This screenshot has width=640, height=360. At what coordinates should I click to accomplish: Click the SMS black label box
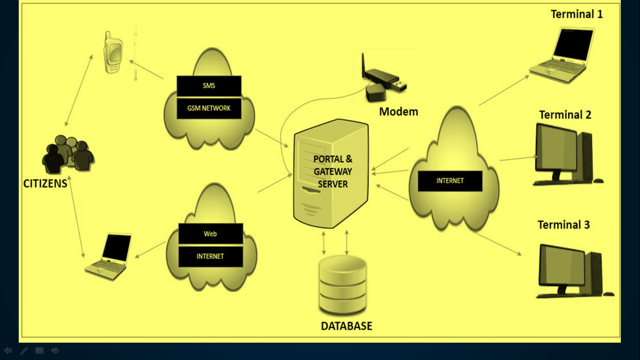click(x=209, y=86)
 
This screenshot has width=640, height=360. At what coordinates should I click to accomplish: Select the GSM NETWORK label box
click(x=209, y=108)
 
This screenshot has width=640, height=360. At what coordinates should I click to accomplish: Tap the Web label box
click(x=210, y=233)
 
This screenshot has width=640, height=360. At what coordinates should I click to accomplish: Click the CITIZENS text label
click(x=45, y=184)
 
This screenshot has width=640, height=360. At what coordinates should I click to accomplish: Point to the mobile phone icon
click(x=113, y=52)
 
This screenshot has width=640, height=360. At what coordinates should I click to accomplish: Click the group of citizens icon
click(x=68, y=154)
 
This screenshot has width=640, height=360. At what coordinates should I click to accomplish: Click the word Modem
click(x=398, y=112)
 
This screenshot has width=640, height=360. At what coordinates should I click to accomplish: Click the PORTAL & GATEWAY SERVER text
click(x=333, y=172)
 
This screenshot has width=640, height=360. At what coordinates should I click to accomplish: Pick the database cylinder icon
click(x=342, y=285)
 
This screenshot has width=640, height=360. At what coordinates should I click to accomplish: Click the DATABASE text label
click(x=346, y=326)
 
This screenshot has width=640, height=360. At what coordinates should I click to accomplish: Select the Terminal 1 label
click(x=576, y=14)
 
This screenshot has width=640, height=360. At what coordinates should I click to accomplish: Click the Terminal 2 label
click(x=565, y=115)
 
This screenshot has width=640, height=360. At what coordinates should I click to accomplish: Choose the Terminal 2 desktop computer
click(x=565, y=155)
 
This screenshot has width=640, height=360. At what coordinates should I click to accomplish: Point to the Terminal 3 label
click(x=563, y=225)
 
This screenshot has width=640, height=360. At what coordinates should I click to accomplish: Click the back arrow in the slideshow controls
click(x=8, y=351)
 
